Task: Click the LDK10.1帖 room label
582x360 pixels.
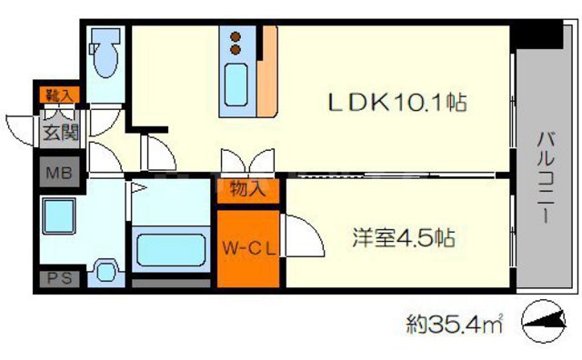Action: [x=398, y=102]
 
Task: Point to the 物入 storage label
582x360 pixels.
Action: [x=247, y=190]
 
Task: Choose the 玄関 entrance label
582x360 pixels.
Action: [x=57, y=131]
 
